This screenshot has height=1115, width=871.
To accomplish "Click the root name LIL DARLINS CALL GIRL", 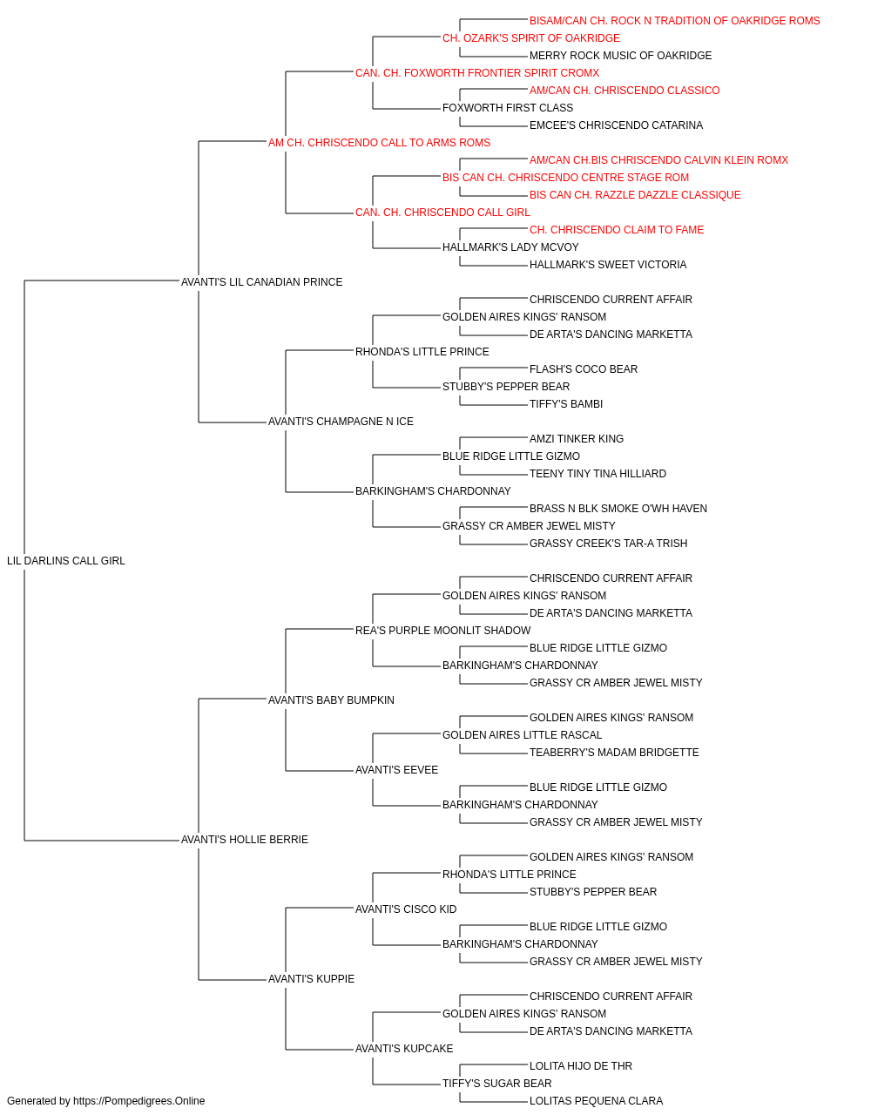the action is point(65,561).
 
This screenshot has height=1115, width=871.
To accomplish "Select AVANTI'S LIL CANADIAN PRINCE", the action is point(261,282).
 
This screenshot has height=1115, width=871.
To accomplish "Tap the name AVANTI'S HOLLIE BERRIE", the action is point(245,840).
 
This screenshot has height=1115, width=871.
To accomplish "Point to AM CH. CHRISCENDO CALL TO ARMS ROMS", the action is point(379,143).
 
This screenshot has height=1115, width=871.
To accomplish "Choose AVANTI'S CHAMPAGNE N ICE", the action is point(341,422).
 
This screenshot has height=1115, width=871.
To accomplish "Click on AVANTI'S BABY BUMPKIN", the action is point(331,699).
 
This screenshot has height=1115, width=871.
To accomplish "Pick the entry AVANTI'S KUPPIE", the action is point(311,978).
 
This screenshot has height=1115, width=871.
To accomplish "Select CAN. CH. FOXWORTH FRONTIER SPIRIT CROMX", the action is point(477,73).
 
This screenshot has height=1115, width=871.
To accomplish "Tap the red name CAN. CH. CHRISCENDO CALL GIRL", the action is point(442,213).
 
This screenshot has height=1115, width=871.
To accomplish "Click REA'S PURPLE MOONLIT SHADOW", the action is point(443,630).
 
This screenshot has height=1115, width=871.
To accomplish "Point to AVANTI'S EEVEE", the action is point(396,770).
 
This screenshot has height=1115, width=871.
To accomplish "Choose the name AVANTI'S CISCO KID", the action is point(406,909).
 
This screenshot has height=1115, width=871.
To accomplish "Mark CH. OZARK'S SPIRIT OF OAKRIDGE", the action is point(531,38).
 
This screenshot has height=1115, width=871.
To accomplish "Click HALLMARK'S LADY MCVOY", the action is point(510,247).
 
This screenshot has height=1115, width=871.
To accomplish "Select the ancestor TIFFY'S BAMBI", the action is point(566,404).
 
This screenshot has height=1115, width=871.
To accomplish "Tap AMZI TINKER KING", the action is point(577,439).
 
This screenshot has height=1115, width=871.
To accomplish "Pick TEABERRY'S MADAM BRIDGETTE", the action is point(614,753).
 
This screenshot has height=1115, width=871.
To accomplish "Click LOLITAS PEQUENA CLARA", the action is point(596,1101).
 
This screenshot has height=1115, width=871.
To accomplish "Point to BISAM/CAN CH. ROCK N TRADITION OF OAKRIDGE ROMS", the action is point(674,21).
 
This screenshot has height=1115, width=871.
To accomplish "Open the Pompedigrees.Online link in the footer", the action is point(138,1101).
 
